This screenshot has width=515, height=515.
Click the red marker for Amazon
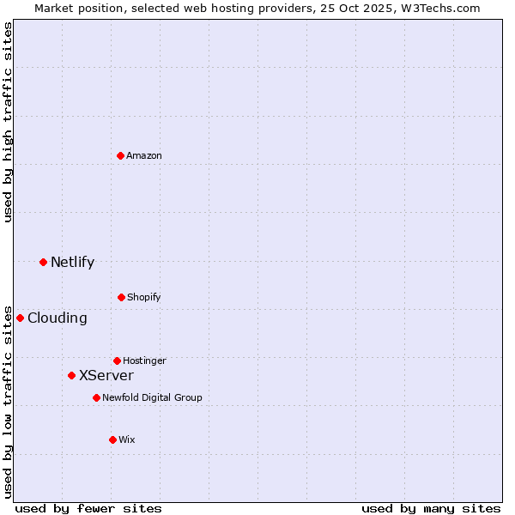pos(120,155)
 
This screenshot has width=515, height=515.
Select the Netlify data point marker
pos(43,262)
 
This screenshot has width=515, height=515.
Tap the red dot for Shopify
pos(121,297)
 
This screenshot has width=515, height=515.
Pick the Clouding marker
pos(20,318)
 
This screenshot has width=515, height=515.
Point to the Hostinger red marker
pos(117,360)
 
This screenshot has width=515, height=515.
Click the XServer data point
pos(71,375)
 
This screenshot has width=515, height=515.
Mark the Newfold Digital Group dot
pos(96,397)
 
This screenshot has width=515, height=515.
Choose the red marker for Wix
pos(112,439)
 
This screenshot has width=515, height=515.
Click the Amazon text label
pos(144,155)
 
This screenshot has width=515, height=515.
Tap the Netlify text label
pos(72,263)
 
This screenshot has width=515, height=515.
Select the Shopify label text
pos(144,297)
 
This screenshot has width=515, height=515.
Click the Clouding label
pos(57,318)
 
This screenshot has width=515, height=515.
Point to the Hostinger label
pos(144,360)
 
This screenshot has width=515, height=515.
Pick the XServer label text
pos(106,376)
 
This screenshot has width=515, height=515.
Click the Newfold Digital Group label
pos(152,397)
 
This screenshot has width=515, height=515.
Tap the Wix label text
pos(127,439)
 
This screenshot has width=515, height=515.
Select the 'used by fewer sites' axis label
pos(88,508)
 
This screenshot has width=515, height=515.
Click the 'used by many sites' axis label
pos(431,508)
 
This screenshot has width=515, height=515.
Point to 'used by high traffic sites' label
pos(8,122)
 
